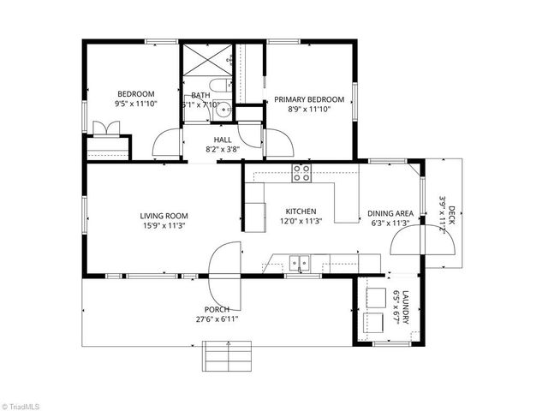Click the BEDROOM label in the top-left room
click(135, 94)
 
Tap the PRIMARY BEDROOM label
click(309, 99)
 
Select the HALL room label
click(222, 139)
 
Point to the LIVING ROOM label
click(164, 216)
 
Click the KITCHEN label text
click(301, 211)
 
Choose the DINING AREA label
click(390, 213)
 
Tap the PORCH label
click(217, 309)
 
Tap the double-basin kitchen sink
click(299, 263)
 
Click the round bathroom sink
click(223, 109)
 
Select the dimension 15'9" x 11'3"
click(164, 226)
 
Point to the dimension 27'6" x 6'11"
click(217, 319)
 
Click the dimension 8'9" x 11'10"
click(309, 110)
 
